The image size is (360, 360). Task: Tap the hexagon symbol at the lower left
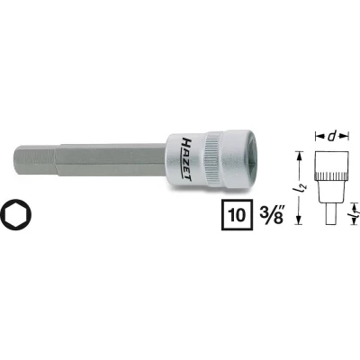[21, 216]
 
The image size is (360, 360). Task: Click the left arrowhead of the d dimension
[317, 138]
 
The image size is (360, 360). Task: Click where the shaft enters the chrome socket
[168, 160]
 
